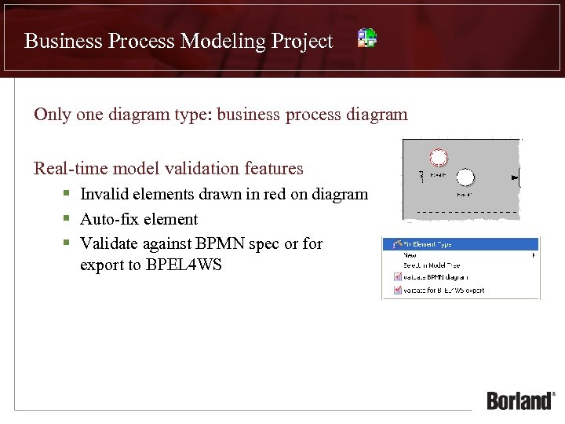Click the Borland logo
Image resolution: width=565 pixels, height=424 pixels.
pos(520,400)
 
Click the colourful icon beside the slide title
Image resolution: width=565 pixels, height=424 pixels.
pos(367,38)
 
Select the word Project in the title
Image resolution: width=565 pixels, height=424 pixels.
pos(301,41)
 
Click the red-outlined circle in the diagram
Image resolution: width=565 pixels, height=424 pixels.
pos(439,158)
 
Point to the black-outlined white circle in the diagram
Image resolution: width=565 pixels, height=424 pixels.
pos(465,177)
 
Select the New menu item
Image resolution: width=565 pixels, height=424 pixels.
pos(410,255)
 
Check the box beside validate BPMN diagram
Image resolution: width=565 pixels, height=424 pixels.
pos(395,277)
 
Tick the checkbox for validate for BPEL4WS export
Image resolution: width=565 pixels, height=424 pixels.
pos(395,290)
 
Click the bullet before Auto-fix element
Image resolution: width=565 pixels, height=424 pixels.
pos(68,219)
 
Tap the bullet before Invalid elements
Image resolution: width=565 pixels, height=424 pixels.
pos(68,194)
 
